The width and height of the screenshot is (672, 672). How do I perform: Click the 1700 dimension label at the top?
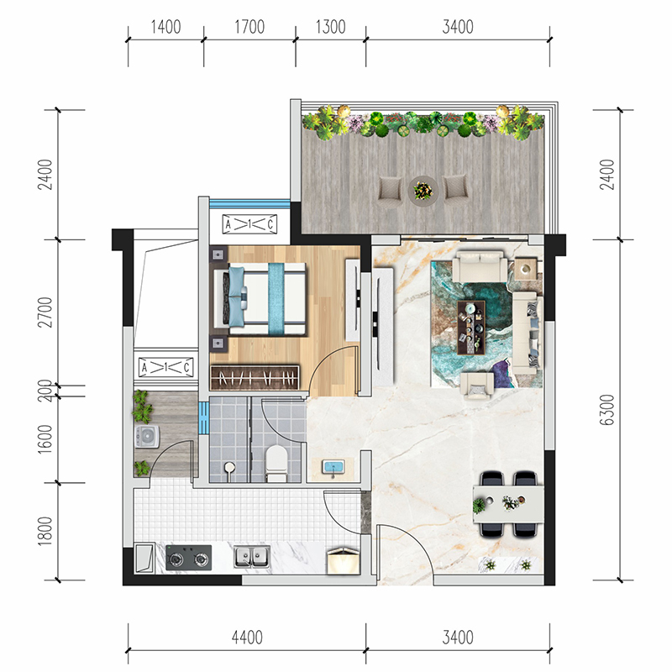tap(249, 27)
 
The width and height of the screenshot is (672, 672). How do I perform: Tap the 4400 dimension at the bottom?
tap(247, 638)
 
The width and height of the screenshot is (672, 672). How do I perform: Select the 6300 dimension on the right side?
tap(606, 410)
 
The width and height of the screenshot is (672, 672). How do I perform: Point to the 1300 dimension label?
tap(330, 27)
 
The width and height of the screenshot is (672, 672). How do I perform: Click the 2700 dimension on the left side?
tap(45, 312)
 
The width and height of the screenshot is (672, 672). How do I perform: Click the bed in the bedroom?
tap(260, 299)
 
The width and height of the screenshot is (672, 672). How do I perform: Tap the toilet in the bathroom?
tap(276, 463)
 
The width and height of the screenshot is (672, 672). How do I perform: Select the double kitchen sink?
tap(252, 557)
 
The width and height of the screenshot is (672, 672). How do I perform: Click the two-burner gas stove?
tap(188, 558)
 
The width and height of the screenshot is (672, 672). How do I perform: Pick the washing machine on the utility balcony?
tap(147, 436)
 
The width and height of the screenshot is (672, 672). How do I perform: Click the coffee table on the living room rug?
tap(471, 327)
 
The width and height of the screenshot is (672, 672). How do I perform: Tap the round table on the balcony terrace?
tap(423, 190)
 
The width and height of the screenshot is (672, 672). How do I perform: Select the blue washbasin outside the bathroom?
tap(333, 467)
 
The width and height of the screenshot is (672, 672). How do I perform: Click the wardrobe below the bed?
tap(255, 377)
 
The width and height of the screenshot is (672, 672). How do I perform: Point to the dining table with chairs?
tap(509, 504)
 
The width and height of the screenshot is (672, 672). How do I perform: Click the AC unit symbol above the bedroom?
tap(249, 224)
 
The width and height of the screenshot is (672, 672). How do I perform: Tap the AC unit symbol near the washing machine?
tap(165, 368)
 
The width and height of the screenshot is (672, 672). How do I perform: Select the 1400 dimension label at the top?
tap(165, 27)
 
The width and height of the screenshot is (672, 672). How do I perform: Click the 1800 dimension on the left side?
tap(45, 531)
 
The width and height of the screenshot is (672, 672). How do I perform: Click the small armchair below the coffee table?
tap(476, 386)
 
